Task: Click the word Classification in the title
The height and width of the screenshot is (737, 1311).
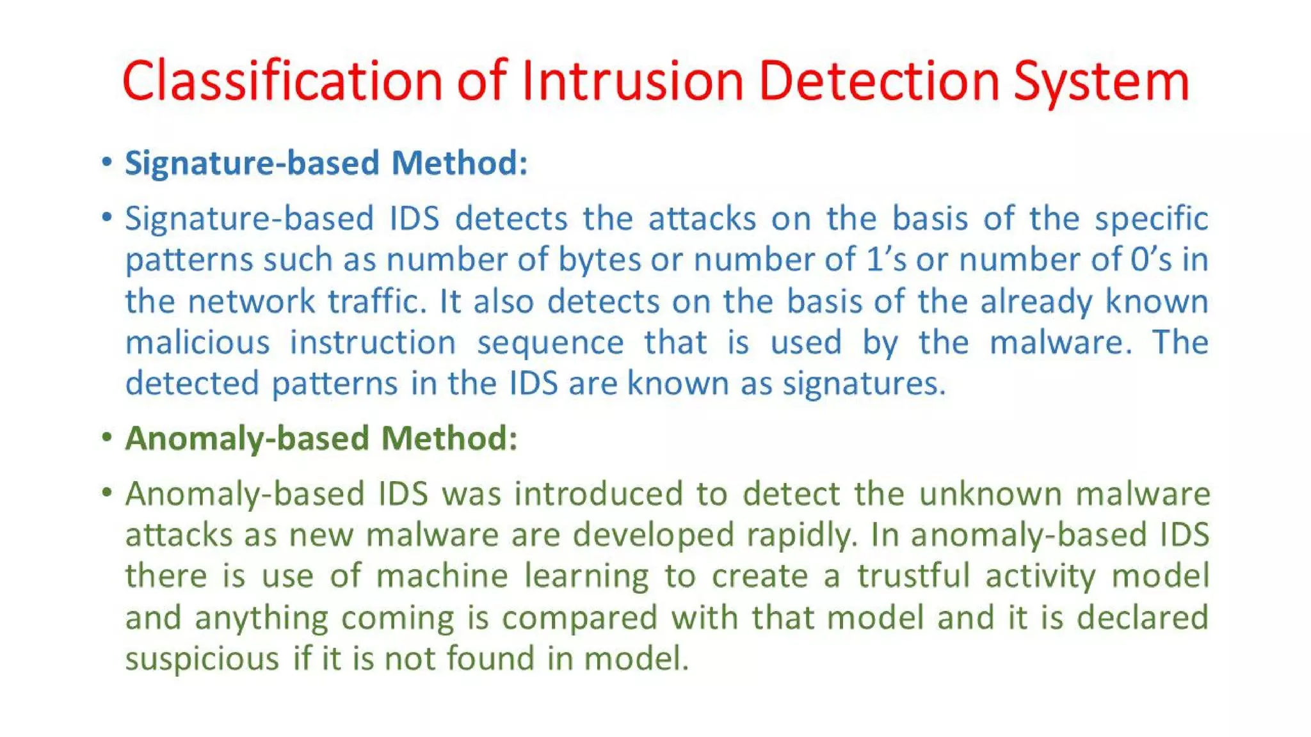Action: tap(282, 81)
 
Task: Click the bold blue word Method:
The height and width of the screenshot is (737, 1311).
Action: tap(459, 162)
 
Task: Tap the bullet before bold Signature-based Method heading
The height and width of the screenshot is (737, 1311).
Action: tap(107, 162)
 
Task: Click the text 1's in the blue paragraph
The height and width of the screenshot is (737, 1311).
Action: tap(886, 259)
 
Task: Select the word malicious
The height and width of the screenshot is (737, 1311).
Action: tap(197, 342)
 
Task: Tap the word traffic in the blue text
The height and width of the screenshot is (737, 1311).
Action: tap(377, 301)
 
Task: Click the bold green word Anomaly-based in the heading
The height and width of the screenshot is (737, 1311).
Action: tap(247, 440)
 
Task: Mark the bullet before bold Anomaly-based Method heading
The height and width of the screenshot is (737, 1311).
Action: tap(107, 438)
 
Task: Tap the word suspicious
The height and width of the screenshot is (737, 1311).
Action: tap(202, 658)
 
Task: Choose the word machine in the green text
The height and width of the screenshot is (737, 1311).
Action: tap(442, 575)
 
